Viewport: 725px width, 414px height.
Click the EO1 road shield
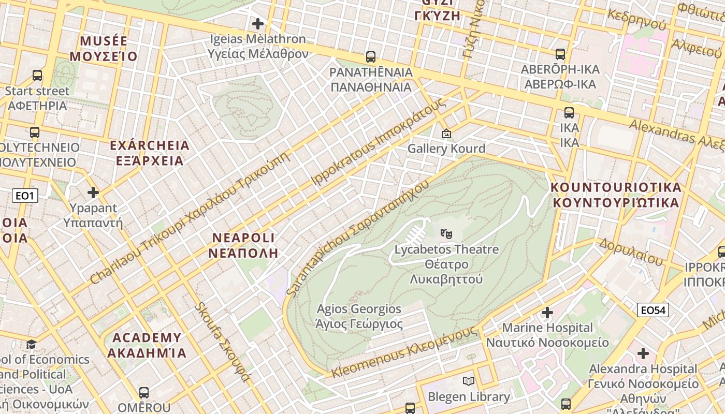tap(25, 196)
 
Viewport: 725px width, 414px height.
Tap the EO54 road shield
tap(653, 310)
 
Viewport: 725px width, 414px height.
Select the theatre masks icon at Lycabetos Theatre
tap(446, 233)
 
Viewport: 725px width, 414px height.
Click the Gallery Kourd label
tap(446, 149)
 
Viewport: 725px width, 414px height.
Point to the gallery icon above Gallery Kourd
tap(446, 134)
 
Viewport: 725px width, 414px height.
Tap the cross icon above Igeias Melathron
tap(257, 24)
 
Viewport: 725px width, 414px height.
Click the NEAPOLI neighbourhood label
tap(243, 245)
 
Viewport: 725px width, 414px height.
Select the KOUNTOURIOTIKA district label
tap(616, 195)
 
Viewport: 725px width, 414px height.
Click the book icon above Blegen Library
tap(469, 381)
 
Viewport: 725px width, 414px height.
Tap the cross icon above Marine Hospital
tap(547, 313)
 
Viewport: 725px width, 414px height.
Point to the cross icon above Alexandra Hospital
tap(643, 353)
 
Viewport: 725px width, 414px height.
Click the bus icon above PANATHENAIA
tap(371, 57)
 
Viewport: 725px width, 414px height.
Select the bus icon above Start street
tap(37, 76)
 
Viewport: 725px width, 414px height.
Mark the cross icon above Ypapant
tap(93, 193)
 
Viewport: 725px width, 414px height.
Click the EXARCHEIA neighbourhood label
tap(150, 153)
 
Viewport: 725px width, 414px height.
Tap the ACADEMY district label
tap(147, 345)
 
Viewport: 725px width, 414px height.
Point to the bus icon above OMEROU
tap(144, 393)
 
